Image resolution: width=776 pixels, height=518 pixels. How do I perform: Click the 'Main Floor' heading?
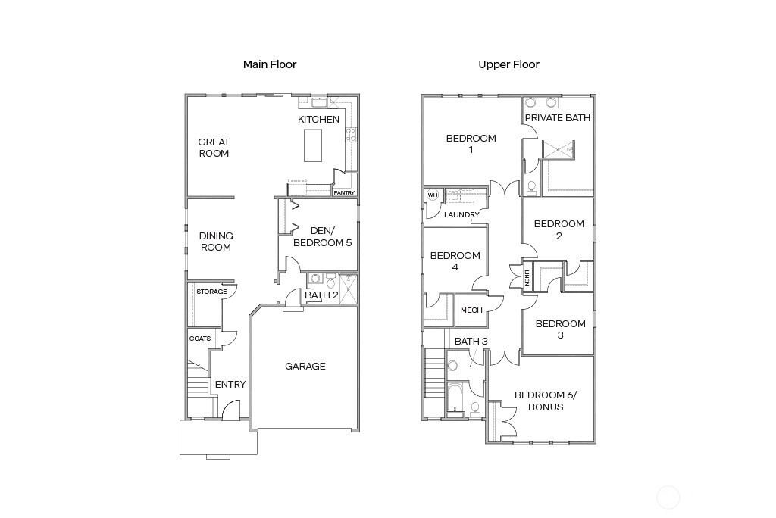pos(270,64)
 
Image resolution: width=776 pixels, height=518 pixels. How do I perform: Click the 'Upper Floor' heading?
pos(508,64)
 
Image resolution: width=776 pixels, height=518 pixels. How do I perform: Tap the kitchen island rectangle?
pos(313,145)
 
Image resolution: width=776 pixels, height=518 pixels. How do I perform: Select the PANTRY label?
pos(344,192)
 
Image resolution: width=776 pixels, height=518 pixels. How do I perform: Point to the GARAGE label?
pos(305,366)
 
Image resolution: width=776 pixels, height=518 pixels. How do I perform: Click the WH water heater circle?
pos(433,195)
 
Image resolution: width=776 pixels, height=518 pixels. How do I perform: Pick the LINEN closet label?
pos(527,277)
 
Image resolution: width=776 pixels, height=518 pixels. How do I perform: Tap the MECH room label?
pos(471,310)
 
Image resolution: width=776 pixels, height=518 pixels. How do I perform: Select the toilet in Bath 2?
pos(330,280)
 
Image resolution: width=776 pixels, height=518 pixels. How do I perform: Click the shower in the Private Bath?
pos(559,150)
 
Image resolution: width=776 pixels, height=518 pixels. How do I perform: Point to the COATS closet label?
pos(200,339)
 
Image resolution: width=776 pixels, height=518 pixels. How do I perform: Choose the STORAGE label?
pos(211,292)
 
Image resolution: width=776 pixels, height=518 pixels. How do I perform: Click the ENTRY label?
pos(230,385)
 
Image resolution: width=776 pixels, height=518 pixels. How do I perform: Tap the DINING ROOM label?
pos(216,242)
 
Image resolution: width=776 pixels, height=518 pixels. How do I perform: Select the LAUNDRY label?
pos(462,215)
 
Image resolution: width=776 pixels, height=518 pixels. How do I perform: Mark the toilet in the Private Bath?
pos(531,187)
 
